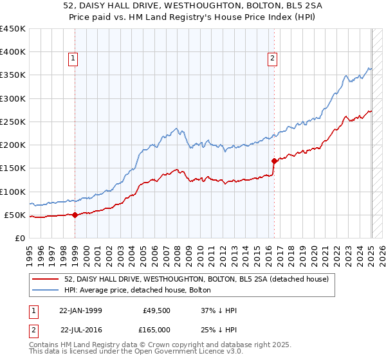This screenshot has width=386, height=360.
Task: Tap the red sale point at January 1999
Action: click(75, 215)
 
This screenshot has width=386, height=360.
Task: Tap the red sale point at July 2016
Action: click(275, 161)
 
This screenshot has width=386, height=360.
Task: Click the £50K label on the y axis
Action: click(15, 215)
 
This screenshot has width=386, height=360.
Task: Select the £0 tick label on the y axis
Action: click(19, 238)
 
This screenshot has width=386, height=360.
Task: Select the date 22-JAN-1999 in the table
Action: click(80, 310)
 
